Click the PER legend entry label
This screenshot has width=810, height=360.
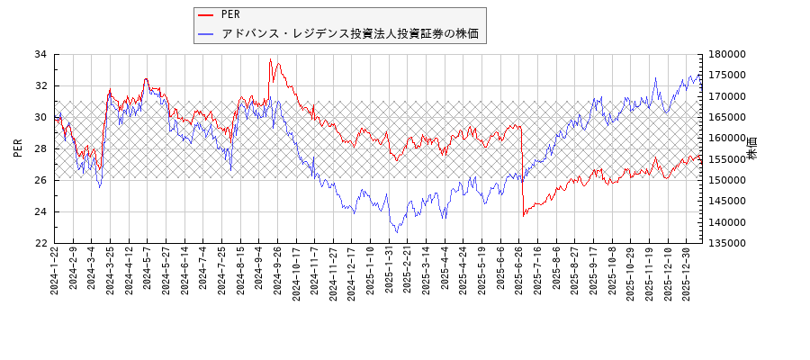click(230, 14)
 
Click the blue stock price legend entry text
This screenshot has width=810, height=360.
click(349, 34)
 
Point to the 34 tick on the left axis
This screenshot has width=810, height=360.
click(40, 54)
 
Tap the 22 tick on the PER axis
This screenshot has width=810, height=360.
click(40, 243)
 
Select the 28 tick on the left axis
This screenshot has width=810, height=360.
click(40, 148)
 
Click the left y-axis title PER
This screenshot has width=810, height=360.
click(18, 148)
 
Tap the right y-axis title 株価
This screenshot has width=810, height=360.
click(752, 148)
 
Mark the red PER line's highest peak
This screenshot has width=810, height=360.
click(270, 59)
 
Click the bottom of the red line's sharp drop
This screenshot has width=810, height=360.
click(523, 216)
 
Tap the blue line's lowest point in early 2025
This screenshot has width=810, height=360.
click(397, 232)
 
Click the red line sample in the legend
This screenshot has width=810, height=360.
click(207, 14)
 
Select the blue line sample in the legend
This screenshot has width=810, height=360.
click(207, 34)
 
